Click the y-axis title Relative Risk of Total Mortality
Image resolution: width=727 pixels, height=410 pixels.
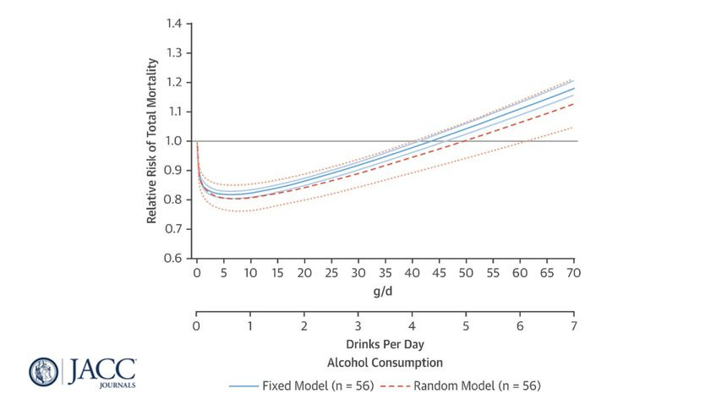(x=153, y=140)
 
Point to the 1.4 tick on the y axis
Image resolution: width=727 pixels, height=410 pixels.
(x=175, y=24)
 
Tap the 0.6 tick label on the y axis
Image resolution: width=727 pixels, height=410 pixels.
(x=175, y=258)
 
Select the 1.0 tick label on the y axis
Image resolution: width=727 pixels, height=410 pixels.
(x=175, y=140)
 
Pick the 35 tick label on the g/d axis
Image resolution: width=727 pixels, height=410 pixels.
(x=385, y=273)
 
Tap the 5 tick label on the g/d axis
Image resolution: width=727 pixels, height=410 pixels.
(x=224, y=273)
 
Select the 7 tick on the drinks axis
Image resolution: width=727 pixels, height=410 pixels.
(x=574, y=326)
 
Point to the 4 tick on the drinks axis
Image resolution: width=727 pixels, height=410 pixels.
(x=413, y=326)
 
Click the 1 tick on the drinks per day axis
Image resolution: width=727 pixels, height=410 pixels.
(x=250, y=326)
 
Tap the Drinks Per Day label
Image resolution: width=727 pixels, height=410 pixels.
(x=385, y=346)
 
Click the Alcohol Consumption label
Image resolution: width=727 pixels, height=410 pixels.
(x=385, y=363)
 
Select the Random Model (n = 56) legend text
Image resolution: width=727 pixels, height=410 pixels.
(x=477, y=385)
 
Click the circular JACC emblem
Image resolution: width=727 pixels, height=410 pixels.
(x=44, y=372)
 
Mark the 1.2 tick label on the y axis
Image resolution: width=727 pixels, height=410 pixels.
(x=175, y=82)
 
